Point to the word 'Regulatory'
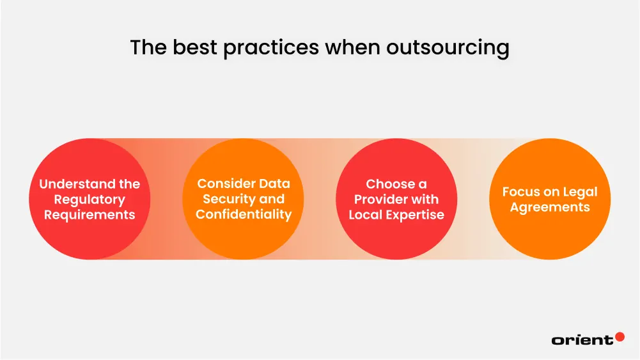pos(90,200)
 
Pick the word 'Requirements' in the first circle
pos(90,215)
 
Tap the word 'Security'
pos(229,199)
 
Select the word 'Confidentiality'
pos(244,214)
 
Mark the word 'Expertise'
pos(415,215)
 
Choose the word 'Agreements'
pos(550,207)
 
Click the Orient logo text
pos(581,340)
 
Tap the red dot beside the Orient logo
pos(619,336)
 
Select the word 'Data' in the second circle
pos(275,184)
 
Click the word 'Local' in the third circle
pos(366,215)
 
